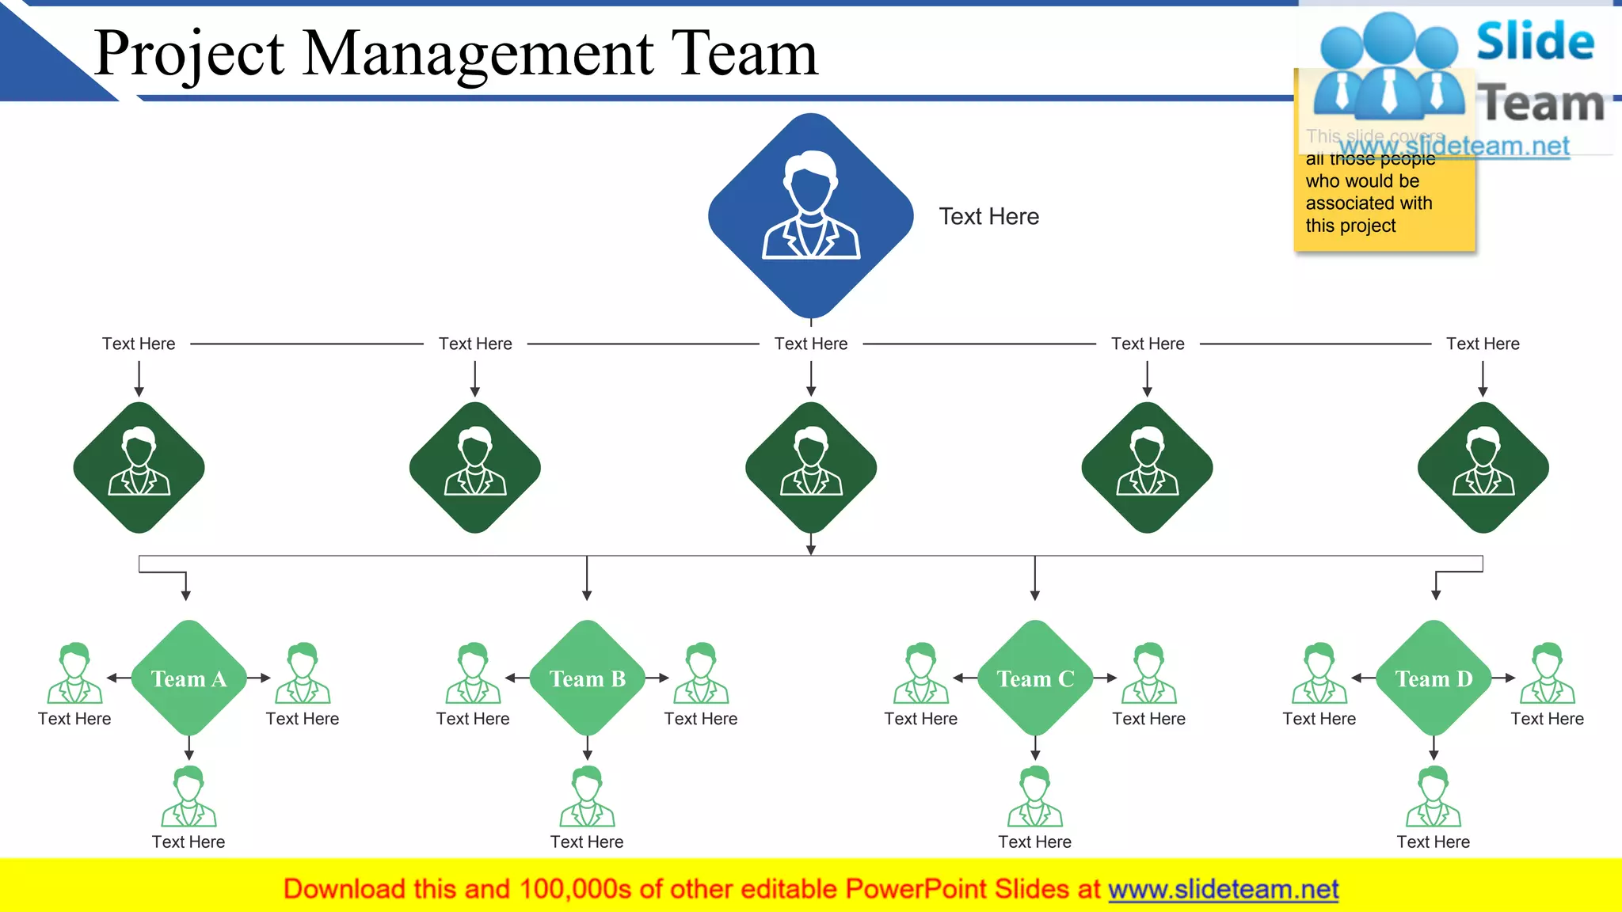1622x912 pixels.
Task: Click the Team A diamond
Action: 188,678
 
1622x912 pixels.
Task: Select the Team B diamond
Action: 587,678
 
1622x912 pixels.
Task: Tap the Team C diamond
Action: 1035,678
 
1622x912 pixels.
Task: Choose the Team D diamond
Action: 1434,678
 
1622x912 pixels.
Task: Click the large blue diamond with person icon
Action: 810,215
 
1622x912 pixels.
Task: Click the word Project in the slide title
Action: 189,54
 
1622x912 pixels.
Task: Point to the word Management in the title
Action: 478,54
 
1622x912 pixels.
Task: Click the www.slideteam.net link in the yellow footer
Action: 1223,889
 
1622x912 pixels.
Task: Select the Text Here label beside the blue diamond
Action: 988,216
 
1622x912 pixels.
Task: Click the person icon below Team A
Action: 188,796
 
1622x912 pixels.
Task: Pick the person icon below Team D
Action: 1434,796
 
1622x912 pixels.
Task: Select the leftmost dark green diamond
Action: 139,467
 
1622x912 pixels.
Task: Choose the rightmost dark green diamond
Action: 1483,467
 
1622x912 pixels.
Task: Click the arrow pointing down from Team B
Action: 587,747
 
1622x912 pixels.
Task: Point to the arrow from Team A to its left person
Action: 118,678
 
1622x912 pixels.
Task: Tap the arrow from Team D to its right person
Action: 1504,678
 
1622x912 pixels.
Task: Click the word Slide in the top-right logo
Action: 1535,41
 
